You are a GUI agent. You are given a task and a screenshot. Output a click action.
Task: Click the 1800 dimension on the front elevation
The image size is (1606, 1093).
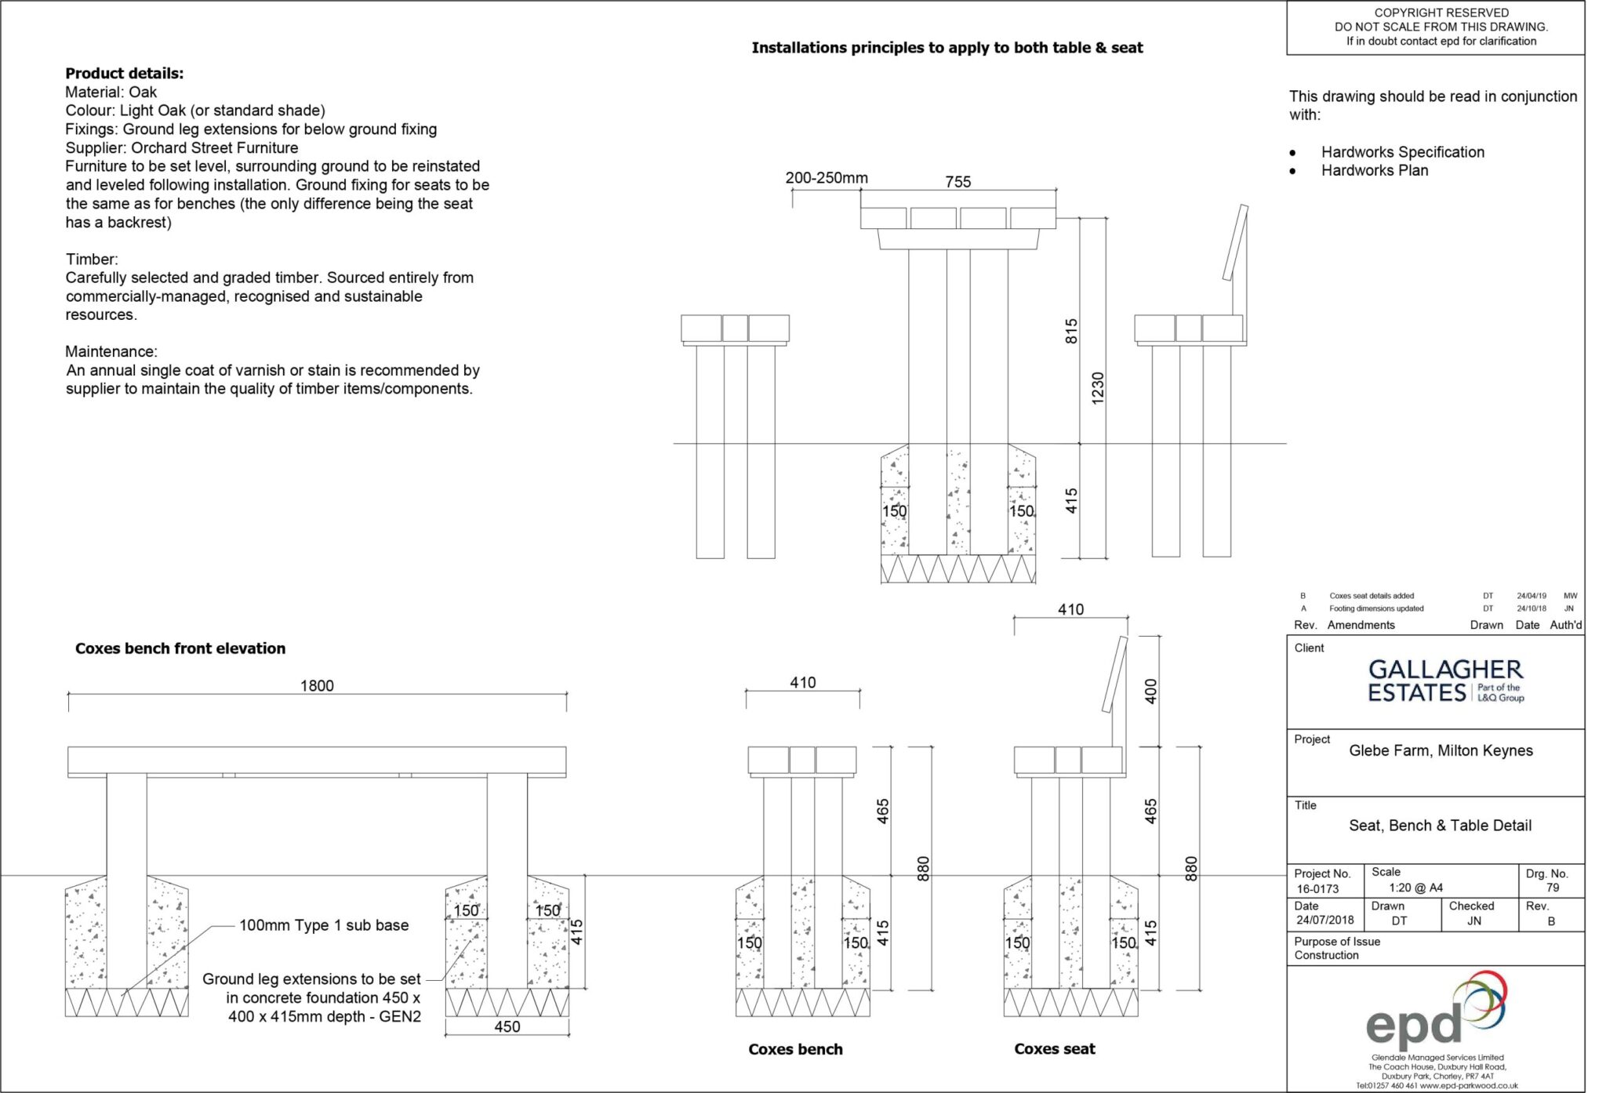click(x=317, y=685)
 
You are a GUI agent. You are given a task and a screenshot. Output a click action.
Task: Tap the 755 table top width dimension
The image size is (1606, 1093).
click(x=957, y=182)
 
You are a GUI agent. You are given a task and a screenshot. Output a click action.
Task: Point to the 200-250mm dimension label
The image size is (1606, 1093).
click(x=827, y=178)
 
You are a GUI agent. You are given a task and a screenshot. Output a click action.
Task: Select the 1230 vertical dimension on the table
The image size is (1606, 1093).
click(x=1097, y=388)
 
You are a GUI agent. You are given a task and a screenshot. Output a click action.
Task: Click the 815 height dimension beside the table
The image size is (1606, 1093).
click(x=1071, y=331)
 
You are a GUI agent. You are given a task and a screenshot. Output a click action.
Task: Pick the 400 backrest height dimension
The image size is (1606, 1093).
click(x=1150, y=692)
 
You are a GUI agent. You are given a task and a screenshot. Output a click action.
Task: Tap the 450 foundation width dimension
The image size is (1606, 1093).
click(x=507, y=1026)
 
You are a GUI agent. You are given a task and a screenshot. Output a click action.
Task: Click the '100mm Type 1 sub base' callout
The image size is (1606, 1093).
click(x=324, y=925)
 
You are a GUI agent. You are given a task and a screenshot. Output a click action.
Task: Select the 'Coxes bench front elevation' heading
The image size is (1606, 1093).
click(x=180, y=648)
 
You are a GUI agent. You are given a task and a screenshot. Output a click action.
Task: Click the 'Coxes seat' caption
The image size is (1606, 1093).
click(x=1054, y=1049)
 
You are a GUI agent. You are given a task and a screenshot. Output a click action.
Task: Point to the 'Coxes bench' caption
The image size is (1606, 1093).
click(x=795, y=1049)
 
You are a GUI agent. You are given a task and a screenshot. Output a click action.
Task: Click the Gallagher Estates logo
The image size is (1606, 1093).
click(x=1445, y=681)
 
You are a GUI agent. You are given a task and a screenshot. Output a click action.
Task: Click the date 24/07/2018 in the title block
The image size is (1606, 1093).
click(x=1324, y=921)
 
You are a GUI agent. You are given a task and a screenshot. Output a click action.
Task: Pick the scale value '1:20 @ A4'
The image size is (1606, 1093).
click(x=1415, y=888)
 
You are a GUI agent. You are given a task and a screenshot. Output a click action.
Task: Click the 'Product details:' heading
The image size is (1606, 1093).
click(x=124, y=74)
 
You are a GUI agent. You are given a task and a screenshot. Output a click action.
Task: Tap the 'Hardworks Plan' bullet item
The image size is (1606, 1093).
click(x=1374, y=170)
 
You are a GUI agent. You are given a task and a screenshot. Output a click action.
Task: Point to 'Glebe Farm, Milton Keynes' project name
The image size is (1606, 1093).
click(x=1441, y=750)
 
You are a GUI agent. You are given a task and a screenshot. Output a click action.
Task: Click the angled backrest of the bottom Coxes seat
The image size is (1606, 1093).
click(x=1114, y=674)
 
